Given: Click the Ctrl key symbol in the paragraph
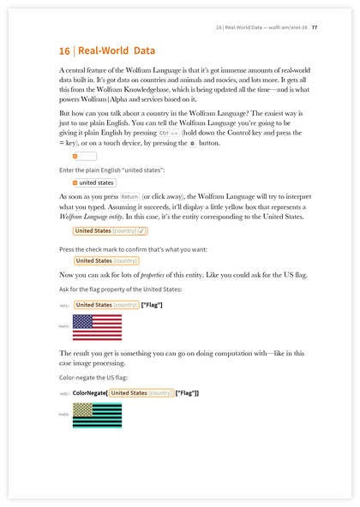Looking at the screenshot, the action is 163,134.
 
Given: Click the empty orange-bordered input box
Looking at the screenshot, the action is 84,157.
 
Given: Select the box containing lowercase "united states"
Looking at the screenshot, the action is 93,182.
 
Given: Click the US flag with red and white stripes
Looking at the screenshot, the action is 97,326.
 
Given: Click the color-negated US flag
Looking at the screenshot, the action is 97,415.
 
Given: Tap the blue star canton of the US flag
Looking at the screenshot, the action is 82,320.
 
